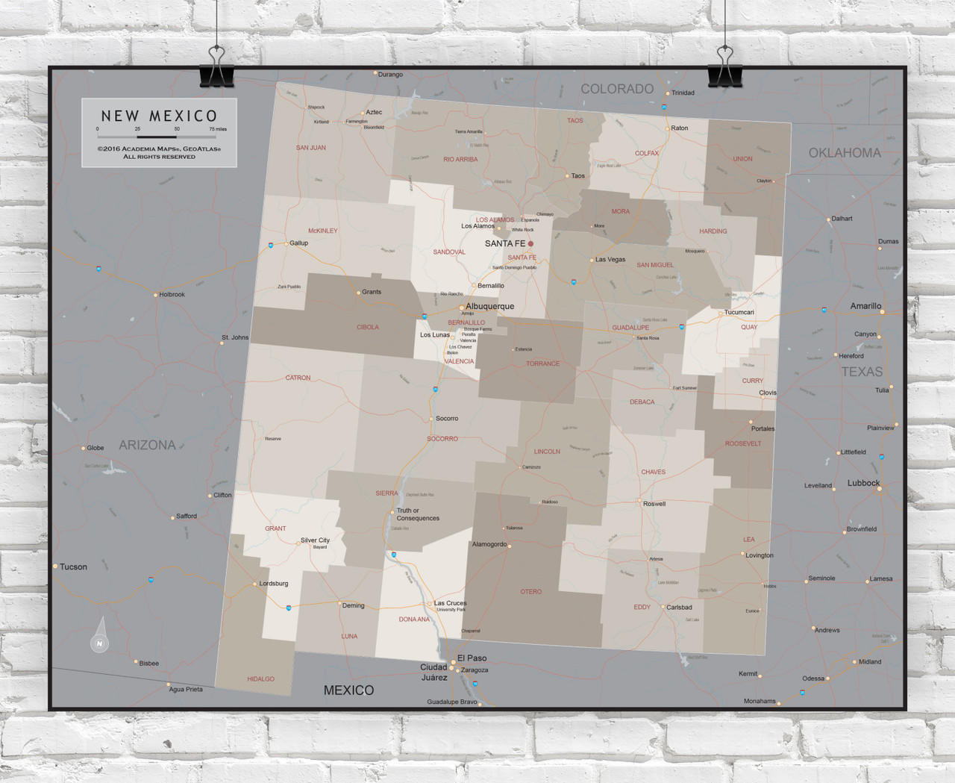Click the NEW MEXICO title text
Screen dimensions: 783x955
point(159,116)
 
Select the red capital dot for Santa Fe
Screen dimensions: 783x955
point(530,244)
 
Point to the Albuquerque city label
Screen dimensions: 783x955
point(489,306)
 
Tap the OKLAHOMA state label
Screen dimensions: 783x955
point(845,153)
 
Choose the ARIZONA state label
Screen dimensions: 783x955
point(147,445)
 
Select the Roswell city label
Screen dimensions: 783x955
point(654,504)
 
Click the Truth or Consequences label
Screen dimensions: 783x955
point(417,514)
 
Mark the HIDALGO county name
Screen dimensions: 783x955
point(260,679)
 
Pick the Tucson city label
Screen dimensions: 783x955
point(73,567)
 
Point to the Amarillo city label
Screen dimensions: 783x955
point(865,306)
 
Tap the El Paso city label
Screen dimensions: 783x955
point(472,658)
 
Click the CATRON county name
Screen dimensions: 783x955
point(298,378)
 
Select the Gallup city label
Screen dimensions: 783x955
point(298,243)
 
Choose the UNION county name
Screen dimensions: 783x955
point(742,159)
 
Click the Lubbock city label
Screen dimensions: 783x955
point(863,483)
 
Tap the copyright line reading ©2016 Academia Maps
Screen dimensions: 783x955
point(159,149)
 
